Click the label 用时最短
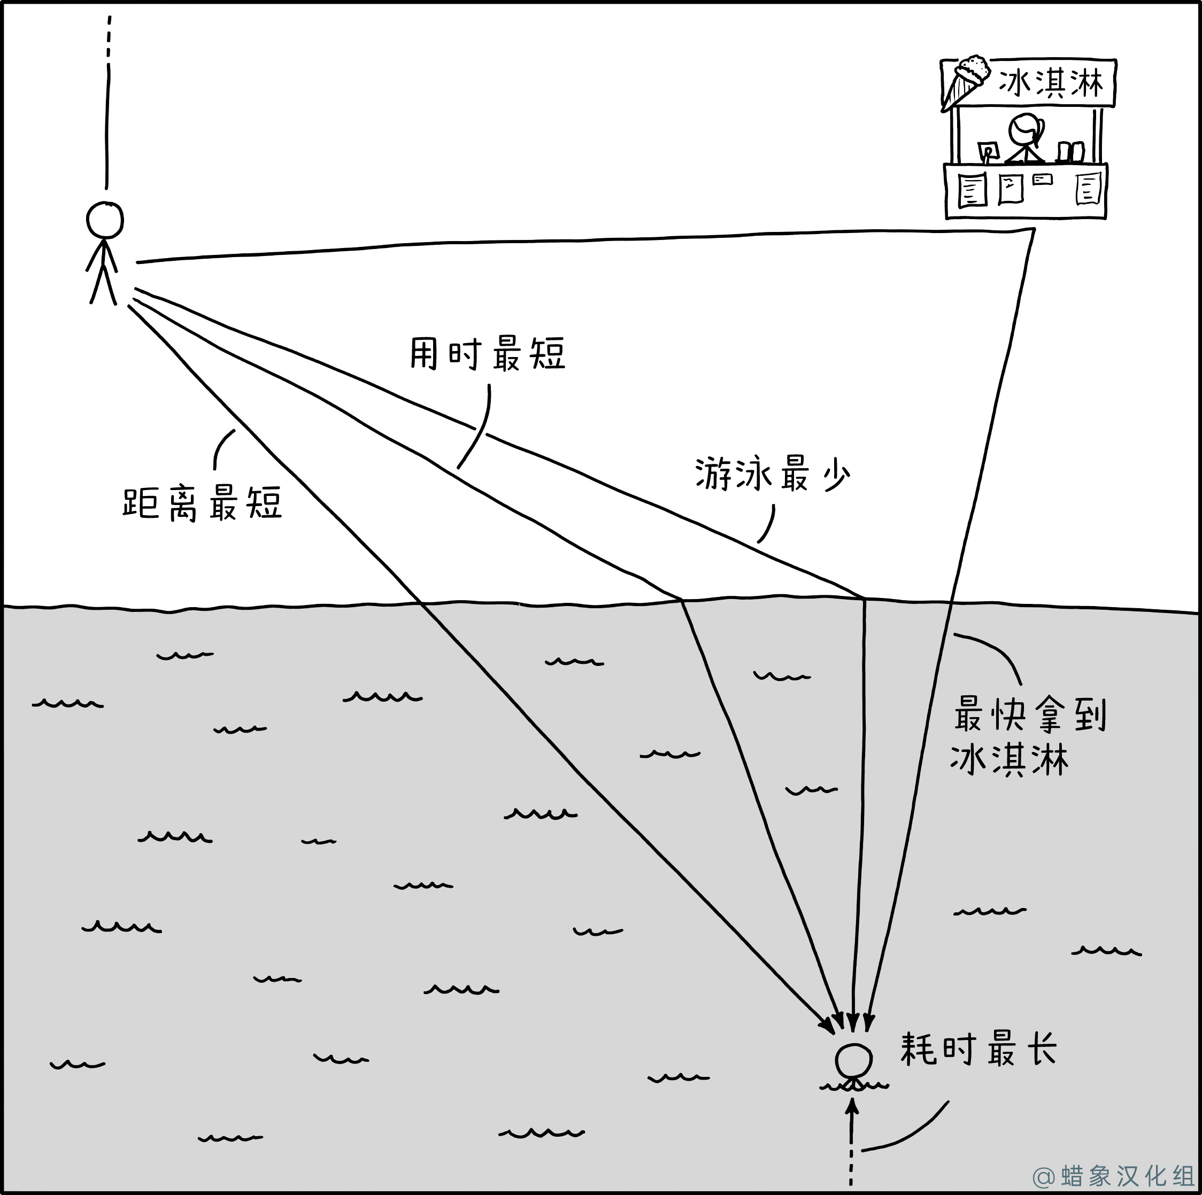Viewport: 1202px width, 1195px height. pos(488,354)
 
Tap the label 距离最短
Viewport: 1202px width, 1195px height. pos(203,502)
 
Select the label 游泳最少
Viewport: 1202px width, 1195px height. pos(773,475)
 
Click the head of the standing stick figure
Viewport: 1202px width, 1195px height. pos(104,220)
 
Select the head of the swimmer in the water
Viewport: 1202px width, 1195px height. pos(853,1061)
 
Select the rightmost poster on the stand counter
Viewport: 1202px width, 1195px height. pos(1089,189)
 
